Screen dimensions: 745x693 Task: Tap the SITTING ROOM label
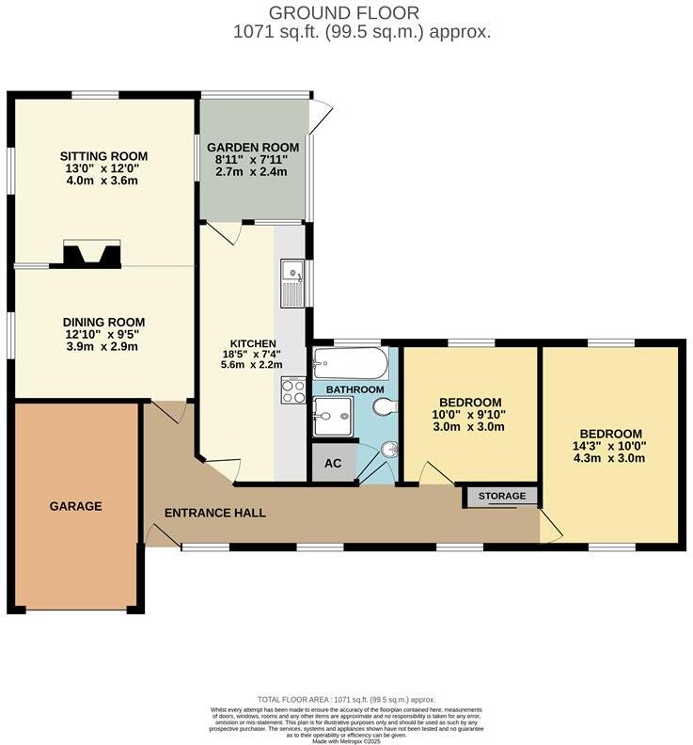[x=103, y=156]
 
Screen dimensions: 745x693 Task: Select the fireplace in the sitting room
[x=91, y=254]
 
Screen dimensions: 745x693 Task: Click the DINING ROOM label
[x=103, y=322]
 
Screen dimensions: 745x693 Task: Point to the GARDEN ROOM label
[x=253, y=148]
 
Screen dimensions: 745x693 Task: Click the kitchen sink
[x=291, y=282]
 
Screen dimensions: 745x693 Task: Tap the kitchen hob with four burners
[x=291, y=390]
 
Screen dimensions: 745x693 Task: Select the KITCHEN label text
[x=253, y=343]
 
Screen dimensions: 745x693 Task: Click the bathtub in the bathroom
[x=349, y=362]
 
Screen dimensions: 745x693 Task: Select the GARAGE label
[x=75, y=506]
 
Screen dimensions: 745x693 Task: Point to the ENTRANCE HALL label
[x=215, y=513]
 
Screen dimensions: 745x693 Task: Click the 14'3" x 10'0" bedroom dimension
[x=612, y=447]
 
